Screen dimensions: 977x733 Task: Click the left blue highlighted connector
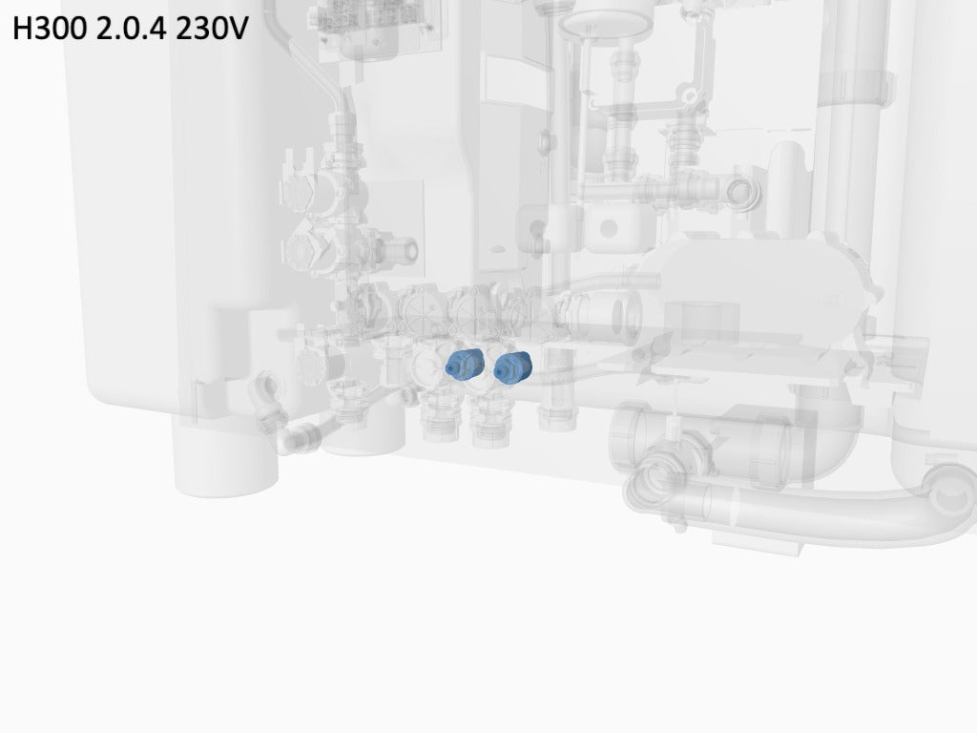(x=465, y=365)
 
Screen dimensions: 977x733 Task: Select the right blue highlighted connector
(x=512, y=367)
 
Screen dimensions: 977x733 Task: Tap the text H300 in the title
(x=50, y=29)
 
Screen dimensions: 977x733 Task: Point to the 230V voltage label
(x=212, y=29)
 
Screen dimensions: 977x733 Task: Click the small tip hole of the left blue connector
(x=450, y=370)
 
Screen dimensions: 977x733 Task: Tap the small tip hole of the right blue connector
(x=499, y=373)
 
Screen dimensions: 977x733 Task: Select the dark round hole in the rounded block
(x=608, y=229)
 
